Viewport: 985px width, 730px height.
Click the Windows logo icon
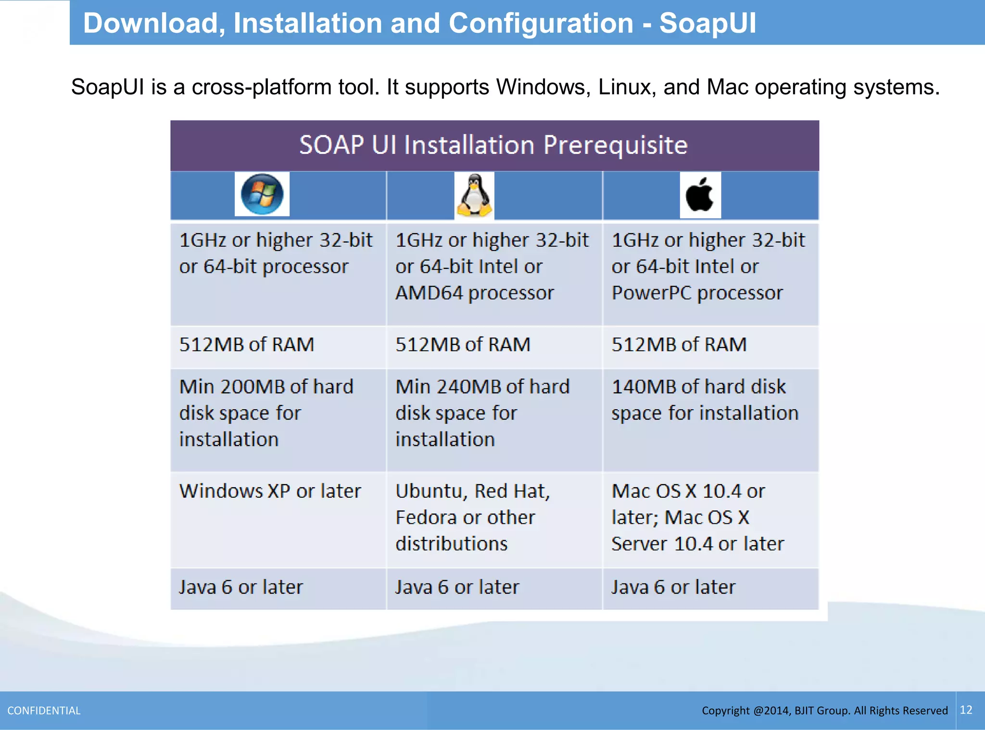262,194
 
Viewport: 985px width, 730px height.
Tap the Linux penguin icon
474,195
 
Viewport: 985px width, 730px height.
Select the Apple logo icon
700,195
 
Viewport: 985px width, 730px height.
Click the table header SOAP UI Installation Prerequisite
493,145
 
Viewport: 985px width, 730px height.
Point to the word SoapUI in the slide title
707,23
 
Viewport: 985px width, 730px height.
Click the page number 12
966,710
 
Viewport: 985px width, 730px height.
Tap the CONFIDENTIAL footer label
44,710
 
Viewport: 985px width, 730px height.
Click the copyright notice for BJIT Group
824,710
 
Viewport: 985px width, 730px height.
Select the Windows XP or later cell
270,491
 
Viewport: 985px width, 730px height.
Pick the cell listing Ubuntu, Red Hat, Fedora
472,517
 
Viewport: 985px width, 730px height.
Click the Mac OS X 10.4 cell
697,517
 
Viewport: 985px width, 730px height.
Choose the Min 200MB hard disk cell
266,413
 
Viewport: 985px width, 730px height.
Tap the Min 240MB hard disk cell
482,413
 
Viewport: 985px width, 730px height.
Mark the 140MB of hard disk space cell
705,400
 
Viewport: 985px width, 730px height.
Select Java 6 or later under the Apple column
673,587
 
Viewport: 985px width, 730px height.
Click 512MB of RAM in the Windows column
246,344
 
